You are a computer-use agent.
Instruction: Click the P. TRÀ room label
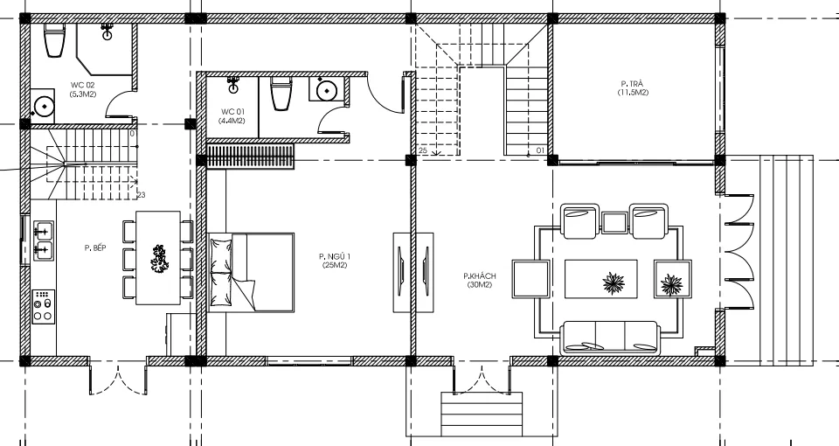632,84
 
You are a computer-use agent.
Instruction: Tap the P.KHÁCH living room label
480,276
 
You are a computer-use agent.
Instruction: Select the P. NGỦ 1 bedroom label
336,256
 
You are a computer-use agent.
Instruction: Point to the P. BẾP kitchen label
95,247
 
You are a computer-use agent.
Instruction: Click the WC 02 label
82,85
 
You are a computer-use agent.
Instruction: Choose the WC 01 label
232,112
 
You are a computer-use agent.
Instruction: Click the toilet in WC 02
54,40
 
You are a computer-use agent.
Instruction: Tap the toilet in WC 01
281,94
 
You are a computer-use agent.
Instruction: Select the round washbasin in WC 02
42,107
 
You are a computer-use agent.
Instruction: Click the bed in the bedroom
251,272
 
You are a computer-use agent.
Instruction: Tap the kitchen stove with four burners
44,307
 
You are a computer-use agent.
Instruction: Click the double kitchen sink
44,240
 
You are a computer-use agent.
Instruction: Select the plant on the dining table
159,259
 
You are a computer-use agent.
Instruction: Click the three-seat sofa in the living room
609,338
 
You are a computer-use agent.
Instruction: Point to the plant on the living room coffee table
614,283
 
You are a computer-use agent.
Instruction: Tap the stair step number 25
423,151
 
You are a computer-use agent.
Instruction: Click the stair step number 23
142,195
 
